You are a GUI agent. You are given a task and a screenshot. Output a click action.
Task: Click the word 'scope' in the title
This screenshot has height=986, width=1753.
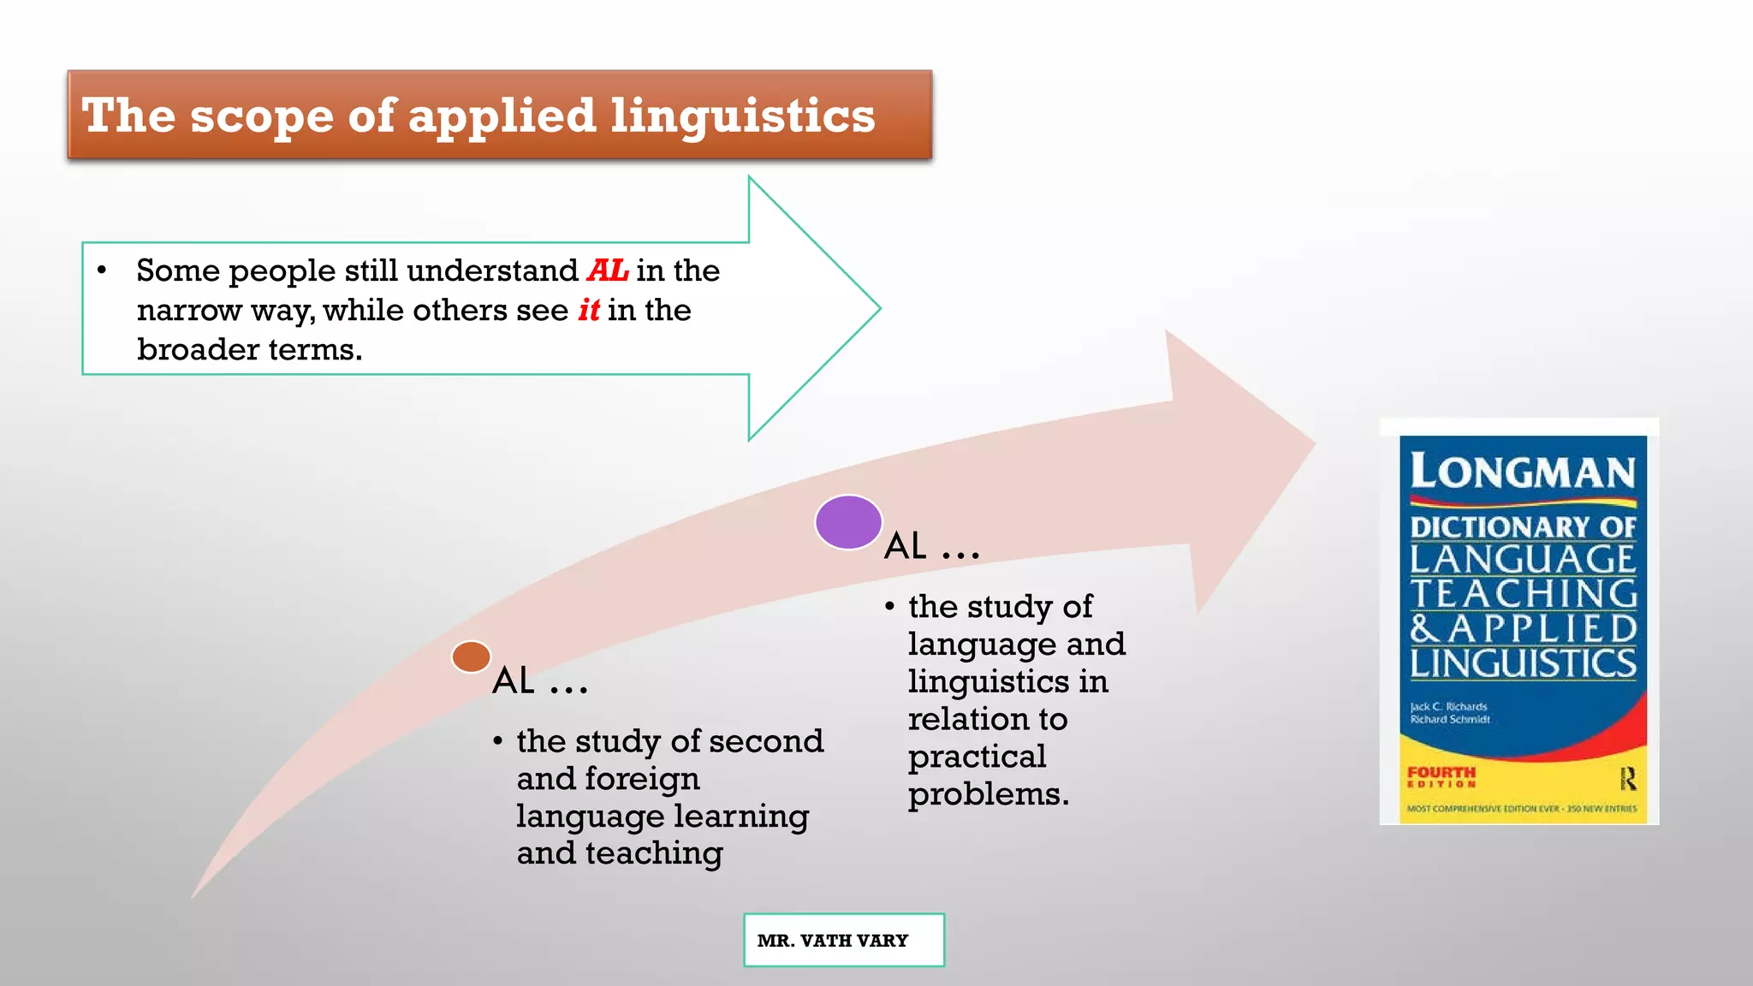(x=261, y=116)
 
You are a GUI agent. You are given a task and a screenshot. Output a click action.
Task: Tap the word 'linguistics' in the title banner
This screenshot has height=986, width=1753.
(x=742, y=116)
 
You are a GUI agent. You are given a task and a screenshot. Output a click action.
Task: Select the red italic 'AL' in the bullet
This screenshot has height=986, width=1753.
(x=608, y=270)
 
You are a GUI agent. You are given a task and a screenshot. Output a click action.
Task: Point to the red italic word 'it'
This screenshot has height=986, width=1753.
(x=589, y=310)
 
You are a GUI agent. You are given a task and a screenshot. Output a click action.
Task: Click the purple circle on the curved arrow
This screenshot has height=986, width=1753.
(x=848, y=522)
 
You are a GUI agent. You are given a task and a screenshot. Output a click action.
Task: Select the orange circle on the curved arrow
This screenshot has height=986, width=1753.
(x=471, y=657)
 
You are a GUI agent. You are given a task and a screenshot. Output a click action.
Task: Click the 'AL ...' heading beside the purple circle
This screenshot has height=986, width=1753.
(x=931, y=546)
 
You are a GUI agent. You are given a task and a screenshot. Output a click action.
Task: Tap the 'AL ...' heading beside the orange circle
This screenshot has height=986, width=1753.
(x=540, y=681)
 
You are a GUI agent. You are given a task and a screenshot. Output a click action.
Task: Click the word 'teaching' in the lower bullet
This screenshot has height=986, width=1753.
(x=654, y=853)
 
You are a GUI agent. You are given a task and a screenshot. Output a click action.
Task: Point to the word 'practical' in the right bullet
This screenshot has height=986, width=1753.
(x=977, y=757)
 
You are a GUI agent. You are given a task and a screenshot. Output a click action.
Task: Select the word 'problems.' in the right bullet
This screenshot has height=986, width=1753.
(x=989, y=794)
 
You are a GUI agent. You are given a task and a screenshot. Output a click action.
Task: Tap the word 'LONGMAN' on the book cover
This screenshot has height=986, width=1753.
(x=1523, y=472)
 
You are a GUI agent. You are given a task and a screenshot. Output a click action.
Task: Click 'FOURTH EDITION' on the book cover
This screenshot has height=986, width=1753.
(x=1441, y=776)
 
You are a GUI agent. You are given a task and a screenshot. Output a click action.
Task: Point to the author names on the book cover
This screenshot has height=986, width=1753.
(x=1450, y=713)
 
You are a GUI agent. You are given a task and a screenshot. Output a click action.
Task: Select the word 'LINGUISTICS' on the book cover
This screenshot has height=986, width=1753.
(x=1523, y=663)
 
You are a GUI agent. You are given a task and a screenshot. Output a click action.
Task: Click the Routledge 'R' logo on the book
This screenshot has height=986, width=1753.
(x=1627, y=778)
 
